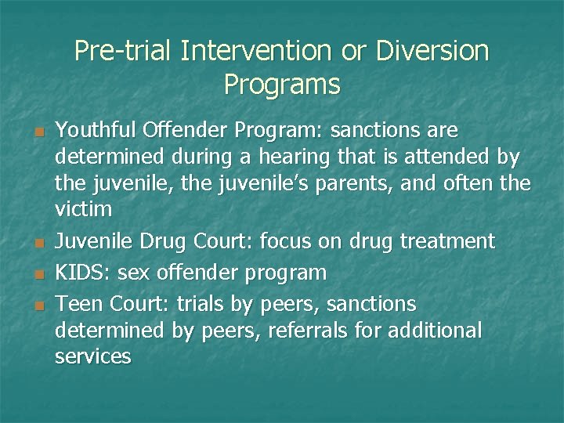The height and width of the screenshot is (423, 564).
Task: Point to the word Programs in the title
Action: [282, 84]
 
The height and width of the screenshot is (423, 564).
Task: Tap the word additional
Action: [434, 331]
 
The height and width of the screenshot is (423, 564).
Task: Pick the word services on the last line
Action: [93, 357]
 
